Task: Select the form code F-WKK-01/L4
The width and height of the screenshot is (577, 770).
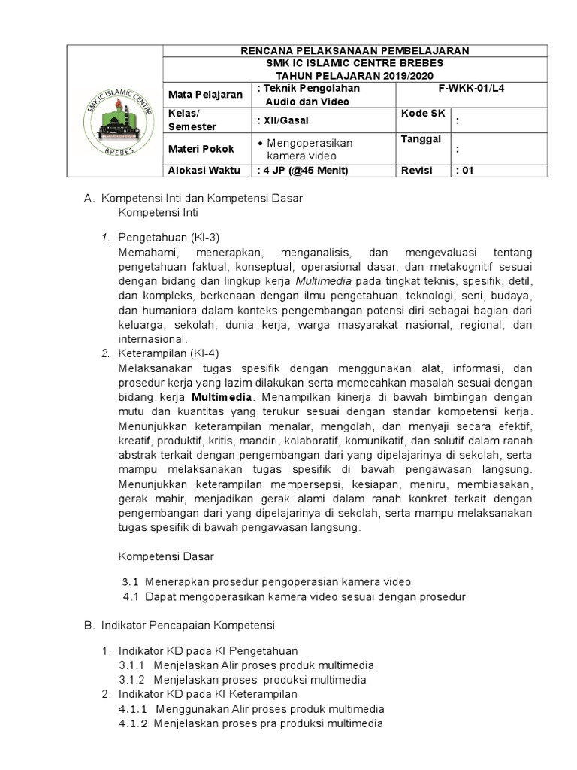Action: (x=472, y=89)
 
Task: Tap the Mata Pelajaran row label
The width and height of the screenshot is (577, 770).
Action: (x=205, y=95)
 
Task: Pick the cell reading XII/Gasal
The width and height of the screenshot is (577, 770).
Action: (x=282, y=120)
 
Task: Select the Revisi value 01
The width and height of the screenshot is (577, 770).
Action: (x=465, y=171)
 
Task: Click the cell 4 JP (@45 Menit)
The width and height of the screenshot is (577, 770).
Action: (x=303, y=171)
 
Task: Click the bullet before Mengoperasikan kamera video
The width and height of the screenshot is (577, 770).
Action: (x=260, y=142)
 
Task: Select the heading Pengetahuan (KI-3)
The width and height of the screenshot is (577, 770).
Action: (x=168, y=238)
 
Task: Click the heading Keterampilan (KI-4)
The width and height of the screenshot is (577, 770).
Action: (x=168, y=353)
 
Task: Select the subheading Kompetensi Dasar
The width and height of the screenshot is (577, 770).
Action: (x=166, y=556)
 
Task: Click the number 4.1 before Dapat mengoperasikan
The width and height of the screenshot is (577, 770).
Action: (x=131, y=597)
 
